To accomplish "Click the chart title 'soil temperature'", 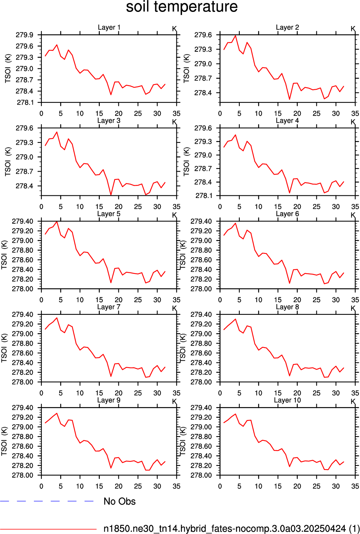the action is point(182,7).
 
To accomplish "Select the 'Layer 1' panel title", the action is point(109,28).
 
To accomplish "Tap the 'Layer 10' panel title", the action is point(287,400).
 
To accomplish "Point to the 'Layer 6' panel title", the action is point(287,214).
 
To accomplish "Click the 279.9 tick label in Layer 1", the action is point(25,35).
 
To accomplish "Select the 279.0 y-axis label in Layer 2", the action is point(203,64).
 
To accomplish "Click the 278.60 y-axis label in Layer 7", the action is point(23,353).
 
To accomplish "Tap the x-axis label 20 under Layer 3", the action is point(118,207).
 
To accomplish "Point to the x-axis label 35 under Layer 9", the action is point(176,486).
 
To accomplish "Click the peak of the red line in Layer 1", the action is point(57,45).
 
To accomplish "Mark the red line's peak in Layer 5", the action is point(57,221).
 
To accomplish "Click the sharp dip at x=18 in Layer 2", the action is point(289,99).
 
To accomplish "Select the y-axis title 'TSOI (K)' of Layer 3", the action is point(8,162).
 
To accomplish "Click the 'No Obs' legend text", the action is point(120,501).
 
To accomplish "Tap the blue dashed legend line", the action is point(47,501).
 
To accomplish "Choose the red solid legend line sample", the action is point(48,529).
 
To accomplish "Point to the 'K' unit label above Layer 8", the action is point(353,308).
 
